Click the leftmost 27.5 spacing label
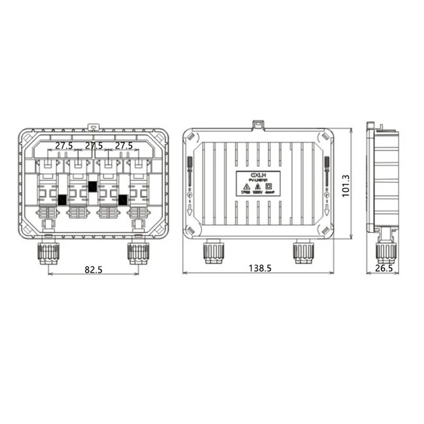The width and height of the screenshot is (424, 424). (x=64, y=146)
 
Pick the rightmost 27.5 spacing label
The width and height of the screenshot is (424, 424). (x=123, y=146)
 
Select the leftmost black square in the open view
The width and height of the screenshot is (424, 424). (x=63, y=199)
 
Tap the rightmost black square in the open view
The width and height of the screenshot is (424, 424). (x=123, y=199)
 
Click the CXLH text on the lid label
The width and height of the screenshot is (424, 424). (x=258, y=174)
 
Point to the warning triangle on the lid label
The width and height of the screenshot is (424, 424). (x=246, y=187)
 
